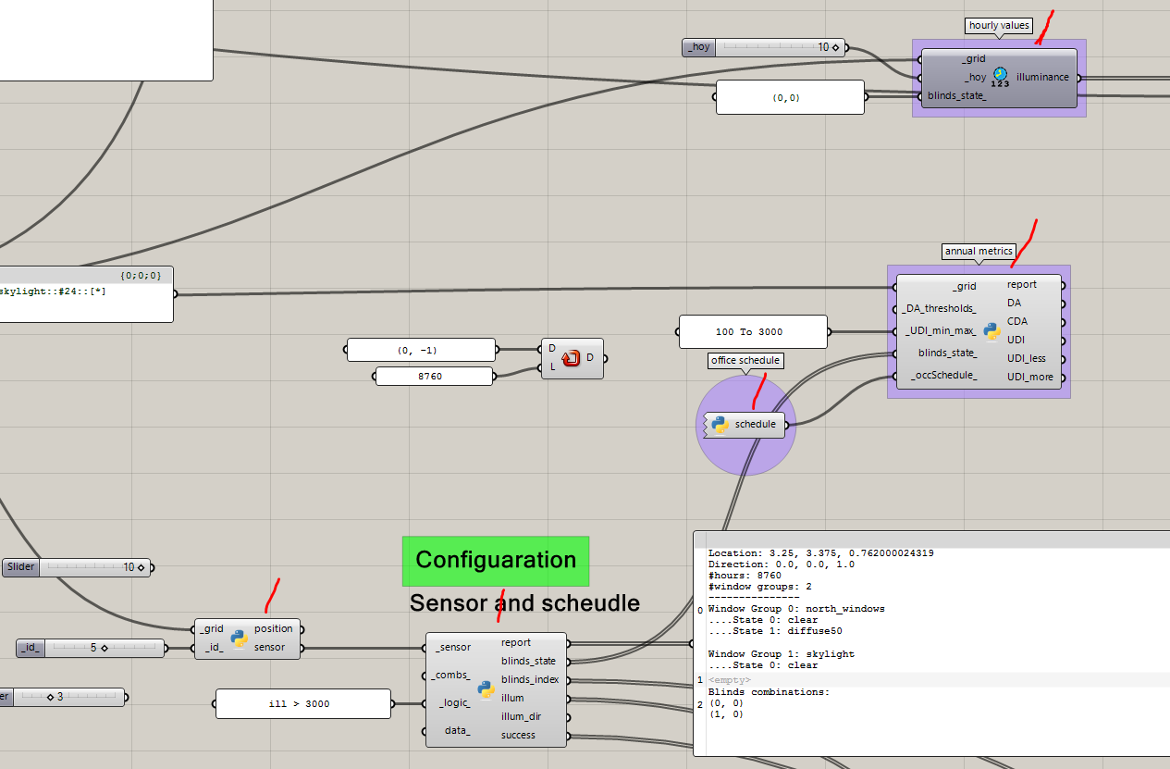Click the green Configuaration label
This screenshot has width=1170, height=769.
tap(495, 560)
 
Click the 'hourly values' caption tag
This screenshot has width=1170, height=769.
tap(999, 25)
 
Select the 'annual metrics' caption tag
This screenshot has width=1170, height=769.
tap(979, 251)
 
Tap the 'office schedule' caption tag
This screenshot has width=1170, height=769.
tap(745, 360)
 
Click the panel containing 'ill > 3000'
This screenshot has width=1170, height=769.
tap(302, 703)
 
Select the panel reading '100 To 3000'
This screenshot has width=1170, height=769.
tap(753, 331)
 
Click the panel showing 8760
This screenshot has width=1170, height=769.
tap(433, 376)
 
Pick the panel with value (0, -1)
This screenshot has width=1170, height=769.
tap(420, 350)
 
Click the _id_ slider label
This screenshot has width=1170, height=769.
tap(29, 648)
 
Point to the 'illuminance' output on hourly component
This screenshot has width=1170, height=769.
tap(1042, 77)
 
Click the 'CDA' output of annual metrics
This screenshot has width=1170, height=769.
tap(1016, 321)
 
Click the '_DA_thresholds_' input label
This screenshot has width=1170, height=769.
tap(938, 308)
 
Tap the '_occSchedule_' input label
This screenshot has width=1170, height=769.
tap(943, 375)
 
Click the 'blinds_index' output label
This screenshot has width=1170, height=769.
tap(530, 679)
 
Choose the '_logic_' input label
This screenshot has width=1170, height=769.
tap(454, 703)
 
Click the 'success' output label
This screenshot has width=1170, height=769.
tap(518, 735)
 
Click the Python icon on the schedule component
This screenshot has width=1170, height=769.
tap(720, 424)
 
